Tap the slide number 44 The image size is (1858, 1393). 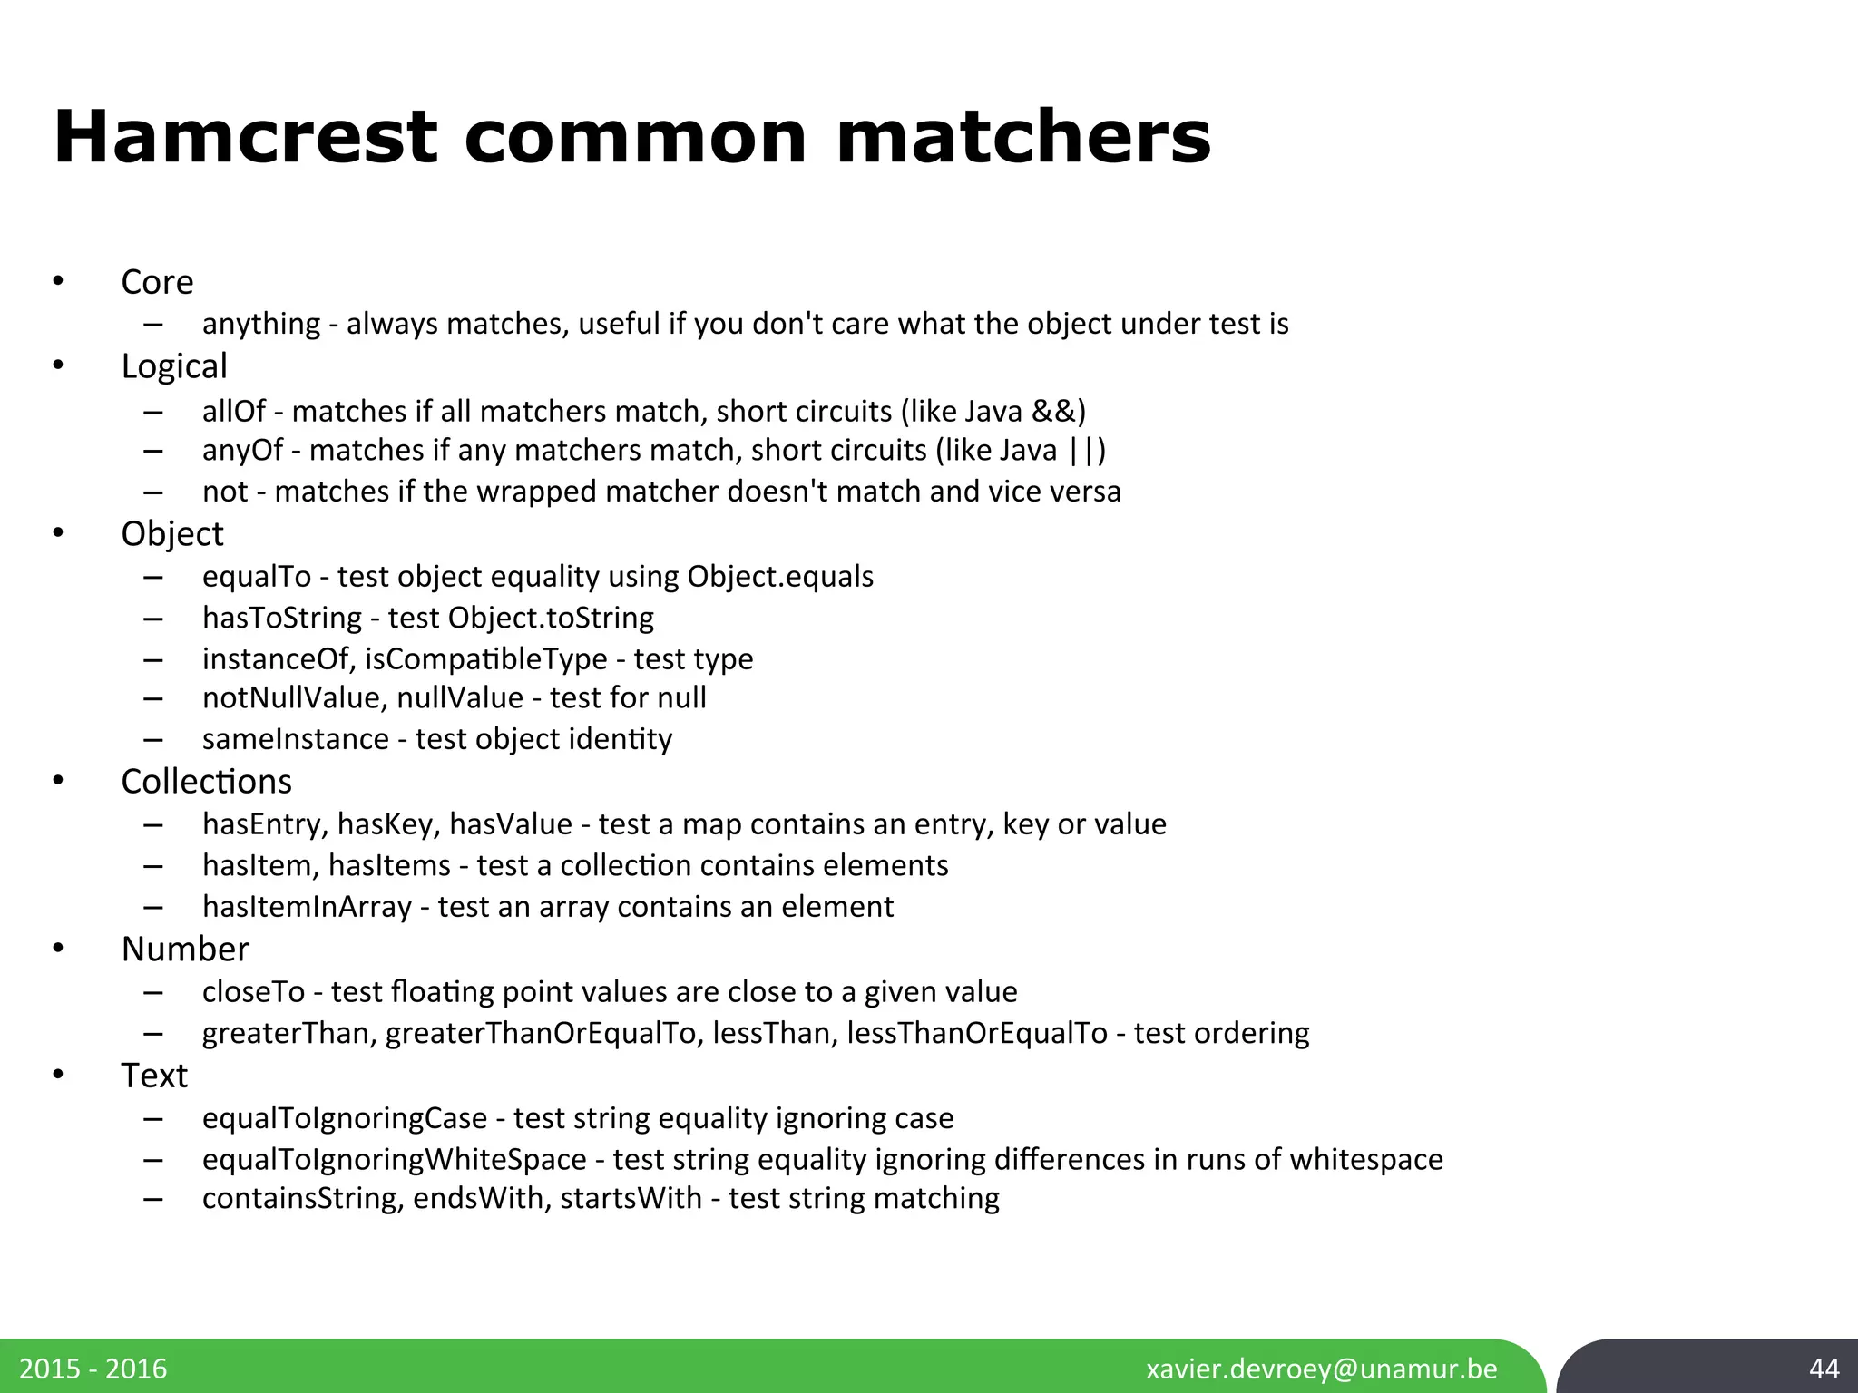click(x=1824, y=1369)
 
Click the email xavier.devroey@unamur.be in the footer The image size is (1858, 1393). click(x=1322, y=1369)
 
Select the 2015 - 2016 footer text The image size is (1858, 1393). click(x=93, y=1369)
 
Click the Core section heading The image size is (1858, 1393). click(x=157, y=282)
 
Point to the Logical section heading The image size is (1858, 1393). click(x=174, y=366)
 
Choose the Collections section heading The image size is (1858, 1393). click(x=206, y=782)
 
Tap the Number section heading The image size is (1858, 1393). click(x=185, y=950)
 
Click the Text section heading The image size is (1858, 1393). click(x=154, y=1076)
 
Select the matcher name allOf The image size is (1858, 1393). click(x=233, y=412)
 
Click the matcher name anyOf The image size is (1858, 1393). click(x=242, y=451)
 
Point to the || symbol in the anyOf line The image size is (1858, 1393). click(x=1081, y=451)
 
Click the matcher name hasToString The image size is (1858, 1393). click(x=282, y=618)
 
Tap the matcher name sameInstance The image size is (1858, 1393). click(x=295, y=739)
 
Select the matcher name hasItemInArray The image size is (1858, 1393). click(x=307, y=907)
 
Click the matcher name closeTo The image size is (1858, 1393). click(x=253, y=992)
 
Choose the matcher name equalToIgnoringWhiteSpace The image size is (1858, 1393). click(x=394, y=1160)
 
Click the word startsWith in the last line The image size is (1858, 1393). click(x=631, y=1198)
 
